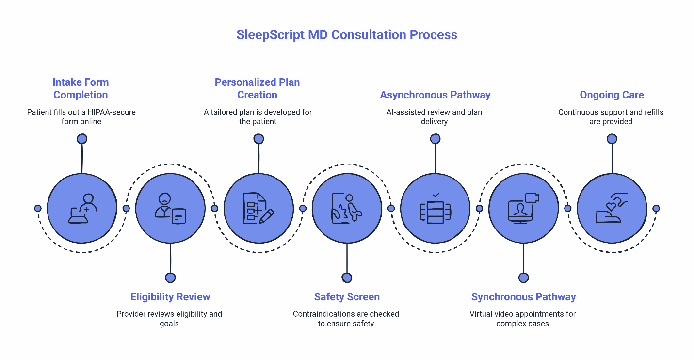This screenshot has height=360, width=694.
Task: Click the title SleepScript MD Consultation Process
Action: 346,35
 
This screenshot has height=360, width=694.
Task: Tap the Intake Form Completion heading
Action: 81,88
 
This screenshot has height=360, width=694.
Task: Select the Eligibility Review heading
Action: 170,297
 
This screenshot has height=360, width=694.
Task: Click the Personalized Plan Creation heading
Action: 257,88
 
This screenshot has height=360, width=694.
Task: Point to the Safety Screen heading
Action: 346,297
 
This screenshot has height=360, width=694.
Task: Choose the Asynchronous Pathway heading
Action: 435,95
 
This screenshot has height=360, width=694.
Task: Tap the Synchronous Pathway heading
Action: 523,297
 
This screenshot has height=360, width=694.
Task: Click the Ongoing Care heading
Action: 612,95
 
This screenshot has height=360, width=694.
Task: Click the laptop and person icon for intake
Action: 82,209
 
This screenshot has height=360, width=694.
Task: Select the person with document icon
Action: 170,209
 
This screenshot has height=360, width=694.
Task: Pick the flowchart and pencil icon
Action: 258,209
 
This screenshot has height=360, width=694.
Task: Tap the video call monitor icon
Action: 523,209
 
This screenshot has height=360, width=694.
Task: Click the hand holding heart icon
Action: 611,209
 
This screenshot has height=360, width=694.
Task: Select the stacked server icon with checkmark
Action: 435,209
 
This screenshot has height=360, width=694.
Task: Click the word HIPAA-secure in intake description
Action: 109,112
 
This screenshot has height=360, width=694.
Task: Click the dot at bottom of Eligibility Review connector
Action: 170,278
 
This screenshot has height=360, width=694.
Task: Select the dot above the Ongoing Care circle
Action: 612,139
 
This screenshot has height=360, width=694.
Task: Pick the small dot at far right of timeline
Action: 656,208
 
